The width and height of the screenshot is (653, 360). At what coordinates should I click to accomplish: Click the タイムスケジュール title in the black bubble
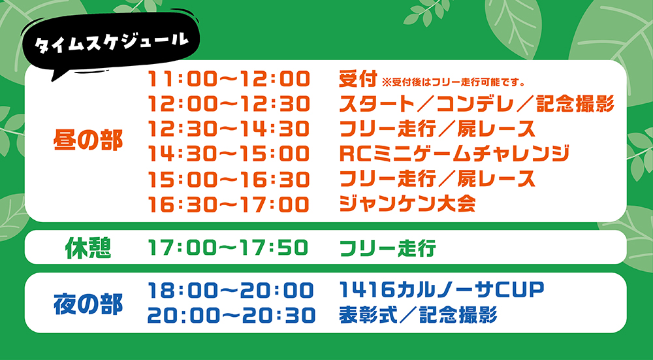(110, 43)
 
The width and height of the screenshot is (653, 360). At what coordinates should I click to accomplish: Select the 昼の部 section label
(88, 141)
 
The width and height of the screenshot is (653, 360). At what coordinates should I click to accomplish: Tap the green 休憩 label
(88, 248)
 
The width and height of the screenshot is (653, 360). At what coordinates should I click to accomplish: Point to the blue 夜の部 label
(88, 304)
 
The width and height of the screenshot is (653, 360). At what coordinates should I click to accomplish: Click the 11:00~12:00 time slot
(229, 79)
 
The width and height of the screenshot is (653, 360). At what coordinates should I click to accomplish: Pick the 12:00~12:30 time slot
(229, 104)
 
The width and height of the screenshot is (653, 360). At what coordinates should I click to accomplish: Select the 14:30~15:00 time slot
(229, 154)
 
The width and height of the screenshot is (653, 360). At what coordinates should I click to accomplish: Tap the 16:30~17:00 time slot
(229, 204)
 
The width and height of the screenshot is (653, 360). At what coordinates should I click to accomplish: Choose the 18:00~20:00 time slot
(231, 290)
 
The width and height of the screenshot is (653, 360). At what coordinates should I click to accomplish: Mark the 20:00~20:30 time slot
(231, 316)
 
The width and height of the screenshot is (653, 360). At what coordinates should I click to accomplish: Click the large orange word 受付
(358, 79)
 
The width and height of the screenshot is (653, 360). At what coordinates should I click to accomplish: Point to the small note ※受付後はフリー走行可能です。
(453, 82)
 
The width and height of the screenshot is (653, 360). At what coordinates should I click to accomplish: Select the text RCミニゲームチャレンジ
(454, 154)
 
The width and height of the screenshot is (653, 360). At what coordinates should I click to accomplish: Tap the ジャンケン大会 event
(407, 204)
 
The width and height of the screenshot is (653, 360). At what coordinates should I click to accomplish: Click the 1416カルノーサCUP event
(442, 290)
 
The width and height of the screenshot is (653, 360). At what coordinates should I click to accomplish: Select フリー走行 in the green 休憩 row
(388, 248)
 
